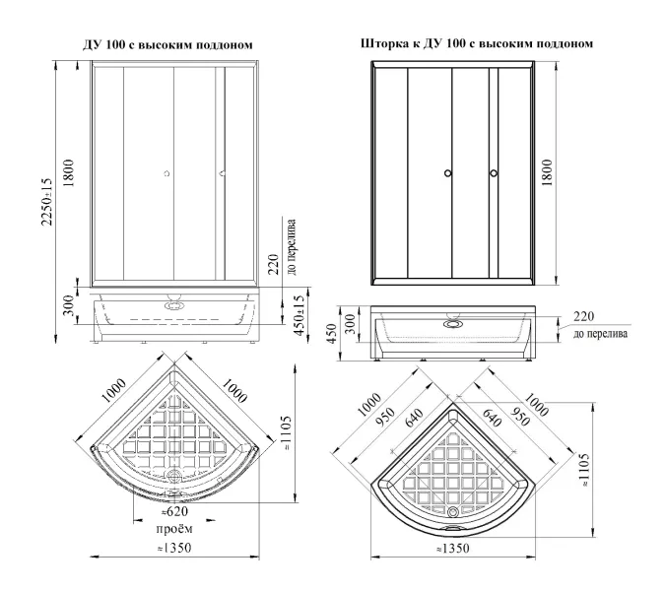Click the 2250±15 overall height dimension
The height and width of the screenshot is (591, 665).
click(x=47, y=202)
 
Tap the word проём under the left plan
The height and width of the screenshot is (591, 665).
click(x=174, y=529)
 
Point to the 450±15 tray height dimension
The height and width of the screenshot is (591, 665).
click(x=299, y=316)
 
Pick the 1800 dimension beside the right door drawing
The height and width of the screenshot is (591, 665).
click(x=547, y=172)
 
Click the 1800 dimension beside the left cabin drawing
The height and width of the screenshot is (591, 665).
click(x=69, y=173)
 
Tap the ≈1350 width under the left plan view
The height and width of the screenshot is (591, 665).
click(x=173, y=548)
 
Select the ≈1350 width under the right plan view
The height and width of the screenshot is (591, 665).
click(x=452, y=549)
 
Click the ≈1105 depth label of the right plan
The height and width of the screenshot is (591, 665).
click(x=584, y=469)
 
